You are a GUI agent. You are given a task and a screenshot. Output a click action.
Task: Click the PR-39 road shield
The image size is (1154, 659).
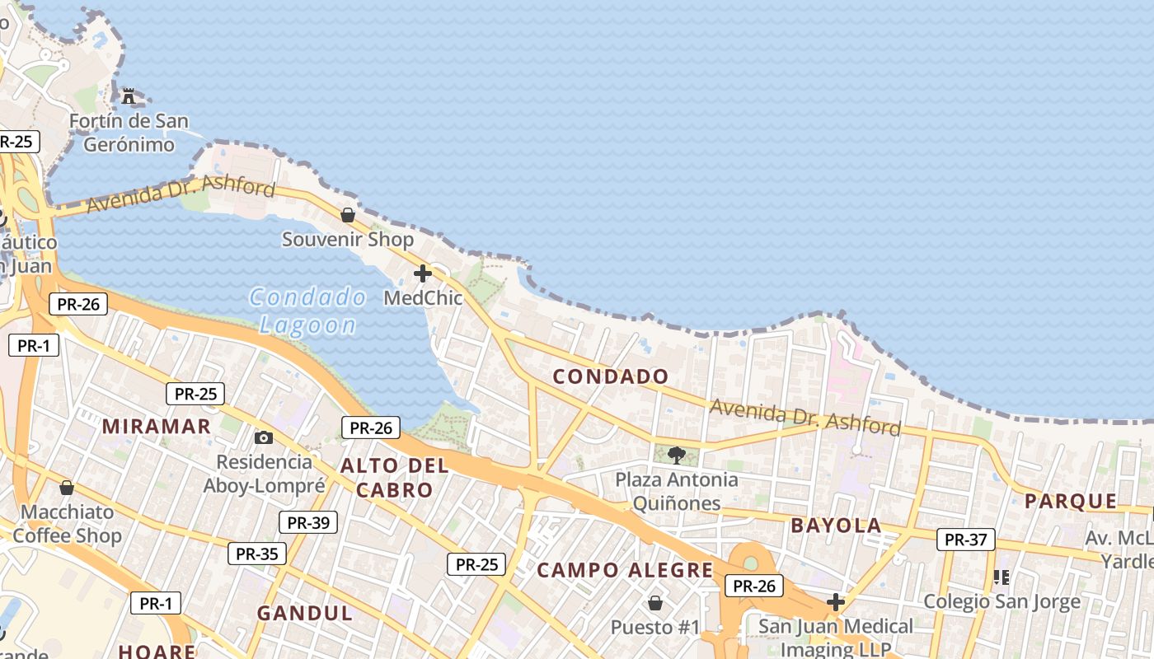tap(308, 522)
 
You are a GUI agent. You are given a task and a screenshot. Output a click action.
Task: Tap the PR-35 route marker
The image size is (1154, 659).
tap(257, 554)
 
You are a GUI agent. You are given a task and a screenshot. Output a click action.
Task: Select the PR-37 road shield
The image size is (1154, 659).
tap(965, 540)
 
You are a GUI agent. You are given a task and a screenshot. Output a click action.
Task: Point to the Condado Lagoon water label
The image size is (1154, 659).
tap(307, 311)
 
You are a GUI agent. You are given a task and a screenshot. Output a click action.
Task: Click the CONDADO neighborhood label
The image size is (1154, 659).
tap(611, 376)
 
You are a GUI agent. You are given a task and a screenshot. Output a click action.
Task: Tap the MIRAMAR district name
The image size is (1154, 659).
tap(157, 426)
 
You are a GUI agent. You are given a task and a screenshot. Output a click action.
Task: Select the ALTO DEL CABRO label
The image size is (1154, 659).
tap(394, 478)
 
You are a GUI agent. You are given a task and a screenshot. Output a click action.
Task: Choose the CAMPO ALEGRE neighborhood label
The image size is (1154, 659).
tap(625, 570)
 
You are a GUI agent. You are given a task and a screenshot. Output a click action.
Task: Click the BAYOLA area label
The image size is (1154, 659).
tap(836, 526)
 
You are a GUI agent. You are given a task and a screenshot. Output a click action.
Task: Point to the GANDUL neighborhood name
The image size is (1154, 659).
tap(304, 613)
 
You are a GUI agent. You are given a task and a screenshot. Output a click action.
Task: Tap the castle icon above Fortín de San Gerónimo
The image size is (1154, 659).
tap(129, 96)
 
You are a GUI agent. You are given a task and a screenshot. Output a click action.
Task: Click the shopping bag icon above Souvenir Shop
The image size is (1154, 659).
tap(348, 215)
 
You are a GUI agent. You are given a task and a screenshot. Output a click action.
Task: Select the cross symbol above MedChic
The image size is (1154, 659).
tap(423, 273)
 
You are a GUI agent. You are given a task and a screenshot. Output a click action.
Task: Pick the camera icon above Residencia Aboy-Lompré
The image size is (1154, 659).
tap(264, 437)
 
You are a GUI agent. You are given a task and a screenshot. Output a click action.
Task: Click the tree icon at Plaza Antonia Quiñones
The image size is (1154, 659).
tap(677, 455)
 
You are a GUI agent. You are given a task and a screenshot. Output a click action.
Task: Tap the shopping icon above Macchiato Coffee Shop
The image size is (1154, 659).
tap(67, 488)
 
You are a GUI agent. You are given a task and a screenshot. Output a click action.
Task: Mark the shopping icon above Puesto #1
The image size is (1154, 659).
tap(655, 603)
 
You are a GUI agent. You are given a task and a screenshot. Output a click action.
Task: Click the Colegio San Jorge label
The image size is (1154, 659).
tap(1002, 601)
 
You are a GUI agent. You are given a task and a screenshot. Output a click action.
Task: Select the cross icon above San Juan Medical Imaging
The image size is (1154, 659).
tap(836, 602)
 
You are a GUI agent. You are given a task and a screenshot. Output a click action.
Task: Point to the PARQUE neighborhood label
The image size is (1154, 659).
tap(1071, 501)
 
